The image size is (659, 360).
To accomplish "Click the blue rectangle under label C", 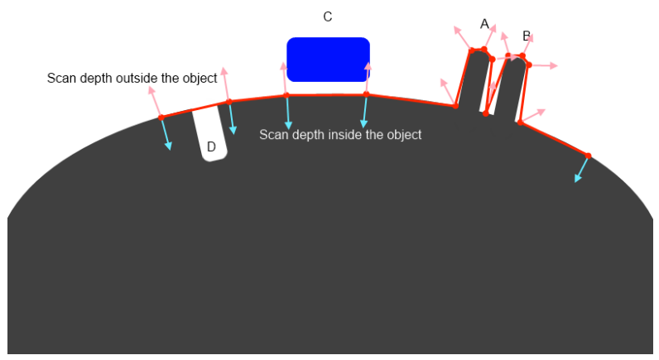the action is (x=328, y=60).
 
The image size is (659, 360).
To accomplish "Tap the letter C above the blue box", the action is (x=327, y=17).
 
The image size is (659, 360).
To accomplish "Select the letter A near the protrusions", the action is (x=484, y=24).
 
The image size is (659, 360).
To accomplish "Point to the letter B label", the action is (x=527, y=36).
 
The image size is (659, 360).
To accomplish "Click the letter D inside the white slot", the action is (x=211, y=146).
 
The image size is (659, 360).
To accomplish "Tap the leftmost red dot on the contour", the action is (x=161, y=118).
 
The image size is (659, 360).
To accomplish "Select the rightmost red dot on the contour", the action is (x=588, y=156).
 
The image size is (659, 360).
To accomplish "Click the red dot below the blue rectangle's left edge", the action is (x=286, y=95).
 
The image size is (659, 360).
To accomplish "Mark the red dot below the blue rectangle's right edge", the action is (x=366, y=94).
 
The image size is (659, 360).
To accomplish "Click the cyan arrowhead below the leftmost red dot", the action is (x=169, y=146).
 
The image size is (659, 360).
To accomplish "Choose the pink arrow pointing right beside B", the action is (x=543, y=65).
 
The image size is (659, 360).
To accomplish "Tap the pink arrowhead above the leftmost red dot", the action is (x=152, y=89).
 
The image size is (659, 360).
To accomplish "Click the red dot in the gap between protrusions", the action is (x=486, y=113).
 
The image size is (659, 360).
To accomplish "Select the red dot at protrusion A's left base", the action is (x=455, y=106).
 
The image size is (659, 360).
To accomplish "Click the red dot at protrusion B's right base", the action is (x=520, y=122).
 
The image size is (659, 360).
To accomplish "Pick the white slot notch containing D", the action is (x=210, y=133).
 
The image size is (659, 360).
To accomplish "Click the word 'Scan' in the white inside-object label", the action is (x=271, y=134).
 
